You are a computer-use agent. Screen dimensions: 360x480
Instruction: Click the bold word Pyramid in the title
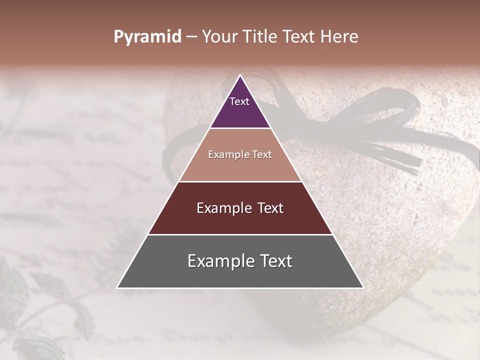click(147, 37)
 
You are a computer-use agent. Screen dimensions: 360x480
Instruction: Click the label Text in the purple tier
click(239, 101)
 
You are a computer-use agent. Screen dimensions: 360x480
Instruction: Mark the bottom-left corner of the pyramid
click(117, 287)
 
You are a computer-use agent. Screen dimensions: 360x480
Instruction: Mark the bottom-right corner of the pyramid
click(363, 287)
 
